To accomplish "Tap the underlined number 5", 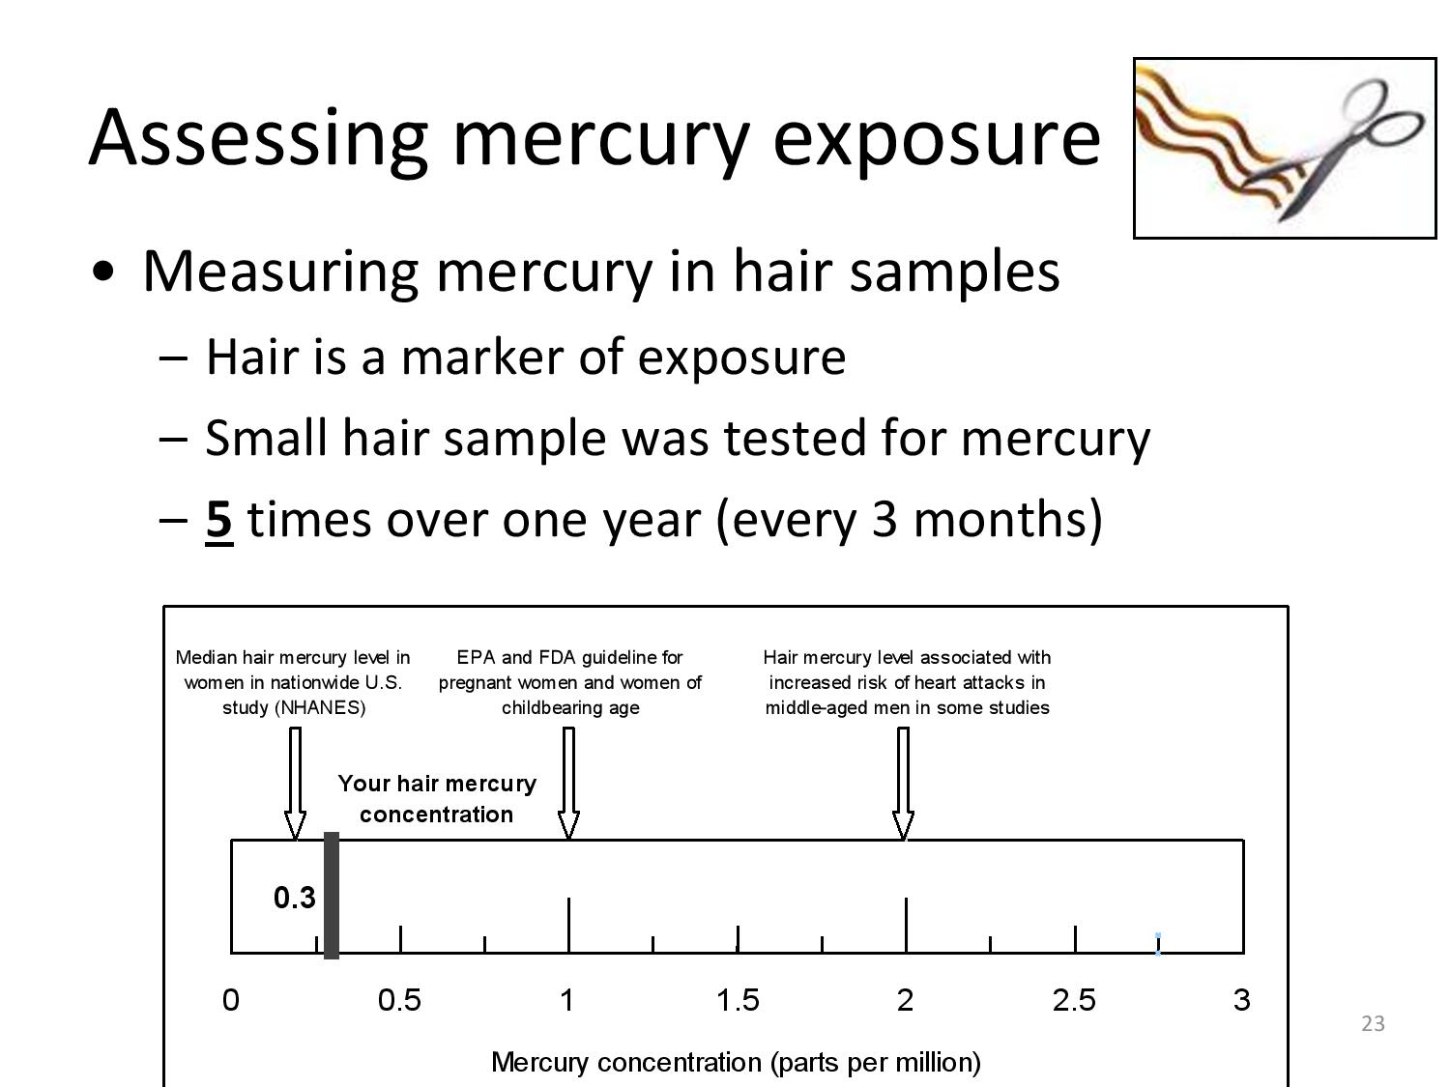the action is pyautogui.click(x=218, y=521).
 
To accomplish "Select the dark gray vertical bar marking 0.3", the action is pyautogui.click(x=332, y=895).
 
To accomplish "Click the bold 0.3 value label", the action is pyautogui.click(x=295, y=898).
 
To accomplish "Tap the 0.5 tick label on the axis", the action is pyautogui.click(x=399, y=1000).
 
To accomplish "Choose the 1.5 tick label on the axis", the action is pyautogui.click(x=738, y=1000).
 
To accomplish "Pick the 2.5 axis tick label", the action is pyautogui.click(x=1074, y=1000).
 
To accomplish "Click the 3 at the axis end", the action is pyautogui.click(x=1242, y=1000).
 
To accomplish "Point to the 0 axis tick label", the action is pyautogui.click(x=230, y=1000).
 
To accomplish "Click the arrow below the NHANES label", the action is pyautogui.click(x=295, y=784).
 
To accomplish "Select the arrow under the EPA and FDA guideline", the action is pyautogui.click(x=568, y=784).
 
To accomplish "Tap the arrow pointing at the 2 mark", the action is pyautogui.click(x=904, y=784).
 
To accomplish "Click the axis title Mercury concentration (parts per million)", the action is pyautogui.click(x=736, y=1063).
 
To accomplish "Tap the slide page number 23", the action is pyautogui.click(x=1373, y=1023).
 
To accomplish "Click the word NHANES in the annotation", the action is pyautogui.click(x=320, y=708).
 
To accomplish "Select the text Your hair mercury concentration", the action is pyautogui.click(x=437, y=799).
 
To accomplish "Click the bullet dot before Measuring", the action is pyautogui.click(x=103, y=272).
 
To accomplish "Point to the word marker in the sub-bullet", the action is pyautogui.click(x=482, y=358).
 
